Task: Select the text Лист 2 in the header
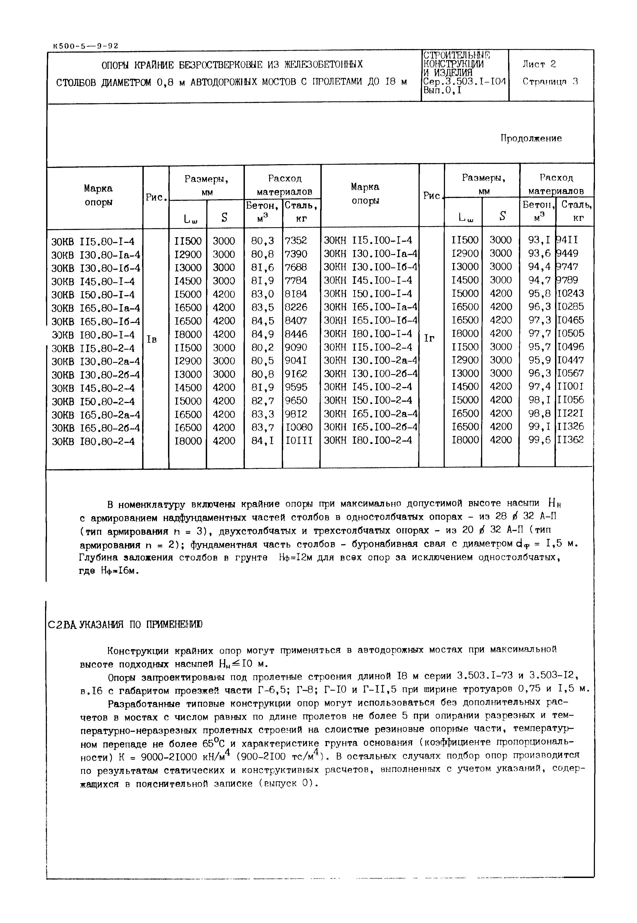[x=539, y=64]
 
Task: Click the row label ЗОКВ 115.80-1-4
[x=93, y=241]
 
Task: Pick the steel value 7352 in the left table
[x=296, y=240]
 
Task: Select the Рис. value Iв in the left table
[x=152, y=339]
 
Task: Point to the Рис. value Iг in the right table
[x=429, y=338]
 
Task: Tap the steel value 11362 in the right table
[x=570, y=440]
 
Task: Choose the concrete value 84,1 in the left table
[x=263, y=441]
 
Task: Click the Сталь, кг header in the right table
[x=576, y=211]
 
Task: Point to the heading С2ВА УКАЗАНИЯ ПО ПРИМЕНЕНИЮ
[x=125, y=625]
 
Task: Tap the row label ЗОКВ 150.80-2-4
[x=93, y=401]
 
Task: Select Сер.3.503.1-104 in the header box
[x=464, y=82]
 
